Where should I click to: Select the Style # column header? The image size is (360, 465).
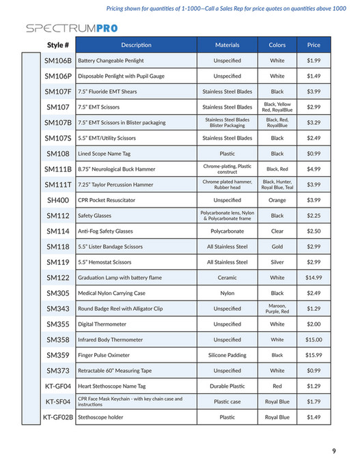tap(58, 45)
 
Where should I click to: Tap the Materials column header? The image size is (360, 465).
tap(227, 45)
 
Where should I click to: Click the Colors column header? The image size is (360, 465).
tap(277, 45)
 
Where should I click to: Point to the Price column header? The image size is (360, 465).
tap(314, 45)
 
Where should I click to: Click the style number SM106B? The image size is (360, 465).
tap(58, 61)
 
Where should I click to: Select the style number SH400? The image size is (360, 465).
tap(58, 200)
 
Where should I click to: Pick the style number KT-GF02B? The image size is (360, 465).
tap(58, 417)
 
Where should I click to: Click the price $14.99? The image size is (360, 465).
tap(314, 278)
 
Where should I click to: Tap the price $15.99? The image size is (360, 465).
tap(314, 355)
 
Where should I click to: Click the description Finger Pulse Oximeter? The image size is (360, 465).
tap(103, 355)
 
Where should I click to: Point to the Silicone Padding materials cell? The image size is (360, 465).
tap(227, 355)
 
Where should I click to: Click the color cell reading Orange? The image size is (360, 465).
tap(277, 200)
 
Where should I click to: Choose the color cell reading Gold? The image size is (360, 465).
tap(277, 246)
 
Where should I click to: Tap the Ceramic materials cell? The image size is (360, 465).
tap(227, 278)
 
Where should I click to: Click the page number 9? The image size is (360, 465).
tap(333, 451)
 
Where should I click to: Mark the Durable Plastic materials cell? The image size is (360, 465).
tap(227, 386)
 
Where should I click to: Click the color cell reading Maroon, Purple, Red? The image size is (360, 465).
tap(277, 309)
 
